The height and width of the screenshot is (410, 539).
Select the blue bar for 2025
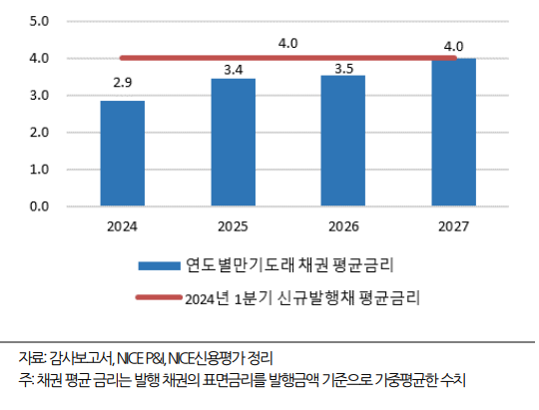click(x=233, y=143)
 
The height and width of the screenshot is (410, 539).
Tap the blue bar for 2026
click(x=342, y=141)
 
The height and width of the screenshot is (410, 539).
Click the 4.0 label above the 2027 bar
click(x=452, y=45)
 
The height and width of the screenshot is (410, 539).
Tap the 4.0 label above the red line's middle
click(x=288, y=43)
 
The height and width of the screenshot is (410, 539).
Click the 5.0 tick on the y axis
click(x=39, y=21)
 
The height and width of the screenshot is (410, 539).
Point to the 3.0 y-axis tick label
click(x=39, y=96)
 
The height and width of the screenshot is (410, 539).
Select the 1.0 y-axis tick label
click(x=39, y=170)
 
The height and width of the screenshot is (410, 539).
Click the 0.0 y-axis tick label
click(x=39, y=206)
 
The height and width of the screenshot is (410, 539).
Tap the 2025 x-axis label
click(x=233, y=226)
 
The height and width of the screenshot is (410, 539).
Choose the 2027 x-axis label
click(x=453, y=226)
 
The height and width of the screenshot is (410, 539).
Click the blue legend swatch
click(x=159, y=265)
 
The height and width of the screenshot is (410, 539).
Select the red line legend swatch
click(x=159, y=296)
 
